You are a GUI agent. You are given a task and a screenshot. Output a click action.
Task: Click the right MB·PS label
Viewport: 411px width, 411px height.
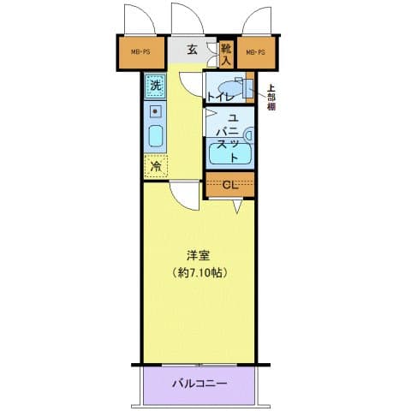click(254, 53)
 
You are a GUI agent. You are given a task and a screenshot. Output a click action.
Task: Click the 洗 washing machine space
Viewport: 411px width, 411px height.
click(155, 85)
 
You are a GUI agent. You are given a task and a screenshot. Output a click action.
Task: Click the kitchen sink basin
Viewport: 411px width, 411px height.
click(156, 136)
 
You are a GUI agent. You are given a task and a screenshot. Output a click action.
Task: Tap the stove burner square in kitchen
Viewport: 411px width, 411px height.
click(155, 111)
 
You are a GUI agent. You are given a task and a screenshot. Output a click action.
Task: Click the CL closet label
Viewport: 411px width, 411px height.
click(229, 184)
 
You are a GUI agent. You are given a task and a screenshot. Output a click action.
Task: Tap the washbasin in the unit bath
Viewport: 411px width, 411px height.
click(247, 134)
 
